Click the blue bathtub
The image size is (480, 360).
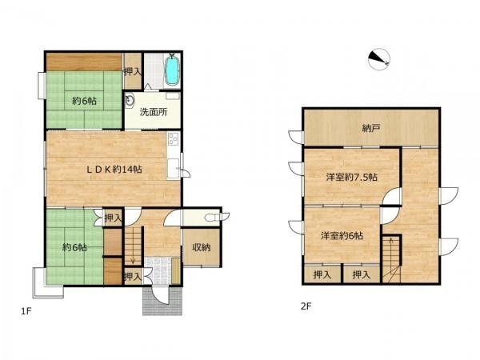172,70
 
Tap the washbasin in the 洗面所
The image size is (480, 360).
130,100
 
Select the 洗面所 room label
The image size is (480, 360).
154,112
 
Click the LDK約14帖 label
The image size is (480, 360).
114,170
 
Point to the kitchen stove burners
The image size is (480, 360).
174,139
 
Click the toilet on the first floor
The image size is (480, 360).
217,218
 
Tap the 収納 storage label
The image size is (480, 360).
202,247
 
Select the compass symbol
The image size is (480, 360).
379,59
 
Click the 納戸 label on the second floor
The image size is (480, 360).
371,128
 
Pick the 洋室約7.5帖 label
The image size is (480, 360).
351,178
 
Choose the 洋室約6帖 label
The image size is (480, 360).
342,236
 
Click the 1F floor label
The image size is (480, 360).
26,311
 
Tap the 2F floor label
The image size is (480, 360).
306,306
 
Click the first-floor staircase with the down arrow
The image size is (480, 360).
133,246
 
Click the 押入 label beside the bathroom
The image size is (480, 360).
133,72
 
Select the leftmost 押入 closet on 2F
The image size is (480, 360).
322,274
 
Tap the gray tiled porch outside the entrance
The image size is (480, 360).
162,302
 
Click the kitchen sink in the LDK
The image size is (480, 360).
174,168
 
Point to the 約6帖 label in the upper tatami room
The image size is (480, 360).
84,101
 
